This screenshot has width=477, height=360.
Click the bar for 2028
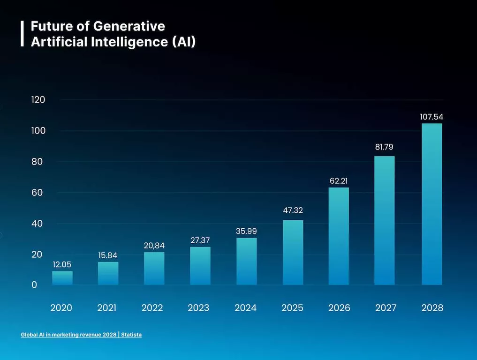click(x=432, y=204)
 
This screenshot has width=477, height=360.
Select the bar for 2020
click(x=62, y=278)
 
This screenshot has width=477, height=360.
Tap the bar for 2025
click(x=293, y=252)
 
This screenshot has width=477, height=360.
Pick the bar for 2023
click(x=200, y=266)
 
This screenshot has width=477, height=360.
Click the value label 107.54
click(x=432, y=117)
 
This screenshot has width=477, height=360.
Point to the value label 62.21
click(x=339, y=180)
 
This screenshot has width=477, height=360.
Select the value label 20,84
click(x=154, y=246)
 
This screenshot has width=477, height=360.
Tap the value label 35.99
click(x=246, y=231)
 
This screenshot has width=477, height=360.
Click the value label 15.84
click(x=108, y=255)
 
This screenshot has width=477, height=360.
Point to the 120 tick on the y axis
click(x=38, y=100)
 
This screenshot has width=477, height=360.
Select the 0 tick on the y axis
click(x=34, y=285)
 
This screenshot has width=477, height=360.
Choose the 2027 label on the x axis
click(x=386, y=308)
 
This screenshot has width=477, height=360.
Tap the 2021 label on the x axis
click(x=107, y=308)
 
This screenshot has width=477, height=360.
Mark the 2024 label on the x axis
click(x=246, y=308)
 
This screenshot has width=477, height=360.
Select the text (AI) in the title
click(x=183, y=42)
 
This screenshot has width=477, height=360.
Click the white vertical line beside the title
click(x=22, y=33)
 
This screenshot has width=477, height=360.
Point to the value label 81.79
click(x=384, y=147)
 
